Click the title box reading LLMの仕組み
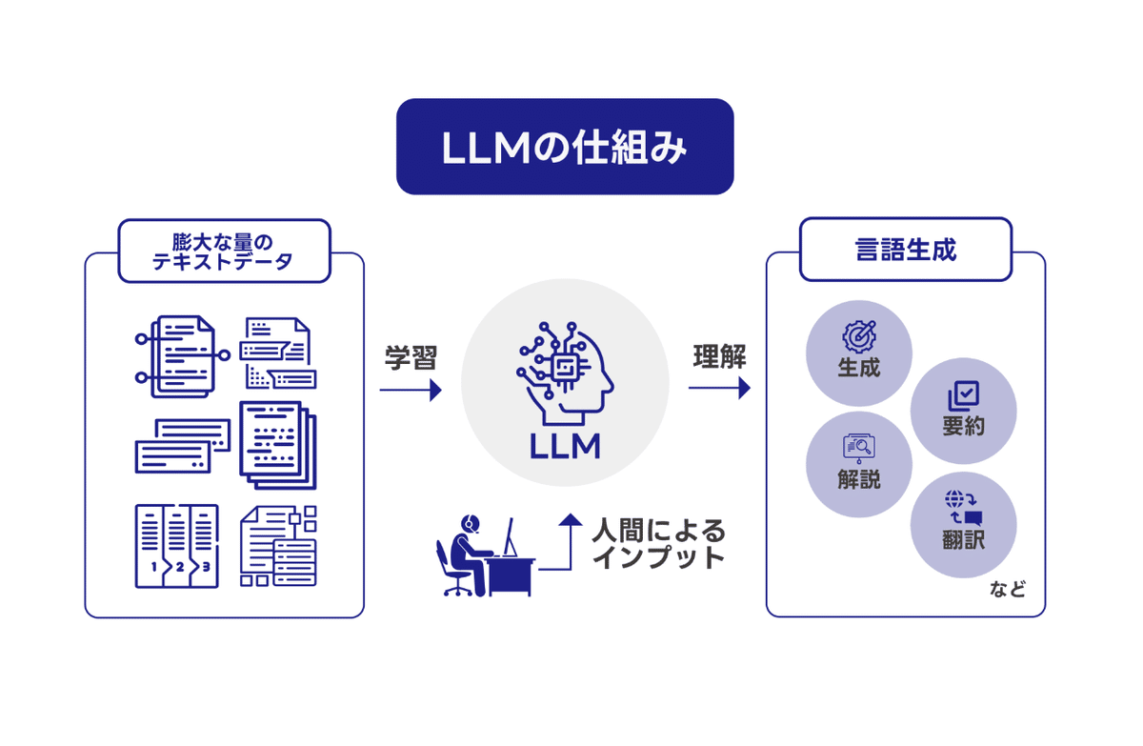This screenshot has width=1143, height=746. (565, 147)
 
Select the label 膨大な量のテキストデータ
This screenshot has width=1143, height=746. (223, 252)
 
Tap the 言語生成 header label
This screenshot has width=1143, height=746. (906, 250)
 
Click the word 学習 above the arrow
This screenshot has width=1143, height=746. (411, 357)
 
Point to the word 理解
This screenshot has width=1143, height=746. (719, 356)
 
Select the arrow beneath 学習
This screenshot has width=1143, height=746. (411, 391)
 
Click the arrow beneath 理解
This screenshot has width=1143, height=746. (719, 388)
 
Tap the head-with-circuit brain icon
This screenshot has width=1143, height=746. (565, 373)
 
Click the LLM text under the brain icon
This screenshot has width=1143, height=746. (565, 447)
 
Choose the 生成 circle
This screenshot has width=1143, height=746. (859, 353)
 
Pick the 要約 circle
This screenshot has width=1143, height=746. (963, 411)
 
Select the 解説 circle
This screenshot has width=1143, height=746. (859, 464)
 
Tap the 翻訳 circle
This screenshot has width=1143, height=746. (963, 525)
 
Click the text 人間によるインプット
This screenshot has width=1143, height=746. (658, 544)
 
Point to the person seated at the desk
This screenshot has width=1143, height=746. (466, 555)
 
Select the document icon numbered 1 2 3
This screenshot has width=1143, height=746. (177, 546)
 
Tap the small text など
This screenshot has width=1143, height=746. (1008, 590)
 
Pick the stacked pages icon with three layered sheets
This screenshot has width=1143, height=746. (278, 445)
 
